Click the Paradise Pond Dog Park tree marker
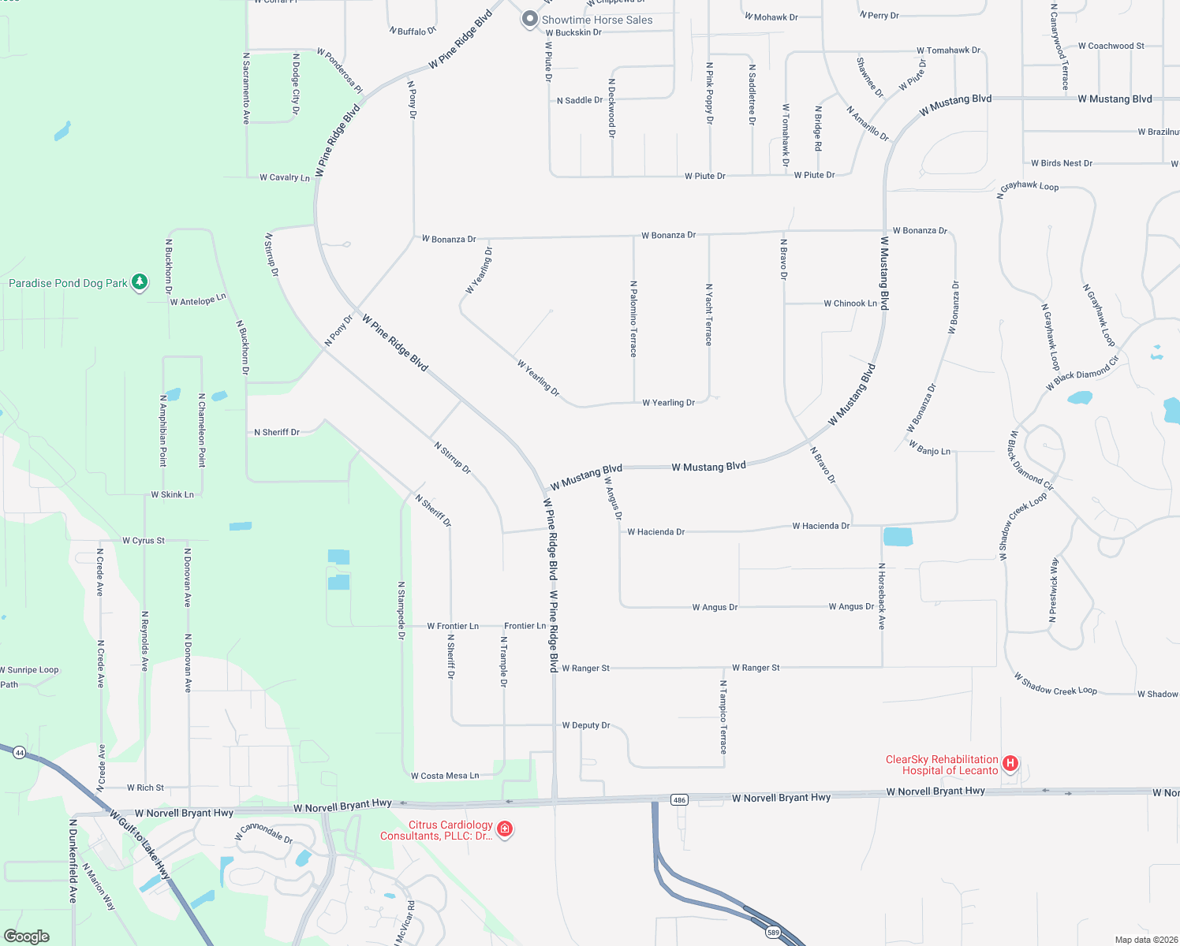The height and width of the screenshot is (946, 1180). point(140,282)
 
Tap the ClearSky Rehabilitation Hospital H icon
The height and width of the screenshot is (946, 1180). point(1010,763)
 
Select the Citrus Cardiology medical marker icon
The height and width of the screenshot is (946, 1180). point(505,829)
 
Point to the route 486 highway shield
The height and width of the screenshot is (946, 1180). point(679,799)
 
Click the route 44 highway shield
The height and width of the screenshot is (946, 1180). point(20,753)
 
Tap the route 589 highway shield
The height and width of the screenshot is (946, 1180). point(773,931)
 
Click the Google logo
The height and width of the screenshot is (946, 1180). point(27,936)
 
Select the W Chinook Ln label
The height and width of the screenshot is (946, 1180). point(850,304)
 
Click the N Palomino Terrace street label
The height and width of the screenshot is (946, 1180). point(633,318)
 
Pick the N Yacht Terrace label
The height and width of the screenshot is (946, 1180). point(708,315)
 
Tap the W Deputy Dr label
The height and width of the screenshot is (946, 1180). point(586,725)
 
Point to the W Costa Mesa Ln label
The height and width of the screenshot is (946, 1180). point(445,776)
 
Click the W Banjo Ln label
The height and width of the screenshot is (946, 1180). point(929,448)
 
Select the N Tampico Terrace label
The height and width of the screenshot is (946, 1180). point(723,717)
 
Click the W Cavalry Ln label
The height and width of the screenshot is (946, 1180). point(285,177)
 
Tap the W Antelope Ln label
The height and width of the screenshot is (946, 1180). point(198,300)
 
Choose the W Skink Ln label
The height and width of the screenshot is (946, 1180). point(172,495)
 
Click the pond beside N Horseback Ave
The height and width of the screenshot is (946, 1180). point(898,537)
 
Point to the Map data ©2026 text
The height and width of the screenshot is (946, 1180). point(1146,940)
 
